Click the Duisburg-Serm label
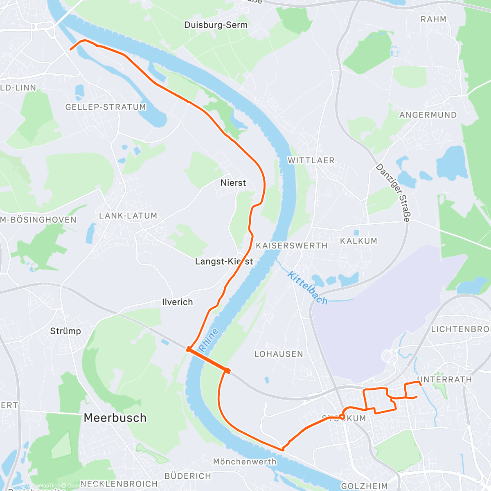click(x=216, y=25)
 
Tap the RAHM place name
click(x=433, y=19)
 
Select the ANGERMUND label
click(x=428, y=115)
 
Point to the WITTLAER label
click(x=311, y=160)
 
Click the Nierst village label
click(x=233, y=183)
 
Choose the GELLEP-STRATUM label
click(x=106, y=107)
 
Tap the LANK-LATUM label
click(x=128, y=216)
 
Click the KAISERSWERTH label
click(x=292, y=245)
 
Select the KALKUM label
click(x=358, y=241)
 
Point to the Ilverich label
click(x=177, y=302)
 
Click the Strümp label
click(x=65, y=331)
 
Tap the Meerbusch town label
click(x=115, y=418)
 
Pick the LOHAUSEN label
click(x=279, y=354)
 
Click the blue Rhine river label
click(x=209, y=340)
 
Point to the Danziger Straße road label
click(x=393, y=193)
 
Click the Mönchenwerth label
click(x=245, y=462)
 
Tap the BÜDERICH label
click(x=188, y=476)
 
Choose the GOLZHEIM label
click(x=364, y=486)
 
